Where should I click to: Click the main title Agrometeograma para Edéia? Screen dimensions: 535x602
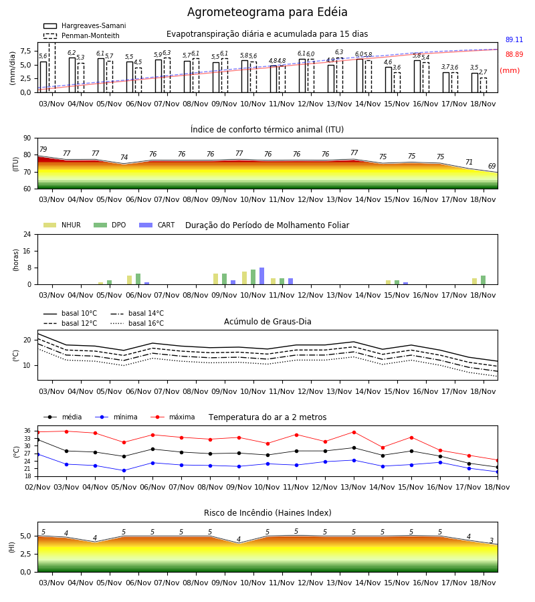pos(267,12)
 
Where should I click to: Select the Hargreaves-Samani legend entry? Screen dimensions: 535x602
pos(84,25)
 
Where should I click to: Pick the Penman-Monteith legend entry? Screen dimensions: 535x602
pos(82,35)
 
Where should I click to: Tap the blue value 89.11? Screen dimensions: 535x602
pos(514,39)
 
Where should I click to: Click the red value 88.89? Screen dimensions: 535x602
pos(514,55)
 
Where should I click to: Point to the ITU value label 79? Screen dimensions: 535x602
pos(43,149)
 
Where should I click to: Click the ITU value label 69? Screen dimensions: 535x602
pos(492,167)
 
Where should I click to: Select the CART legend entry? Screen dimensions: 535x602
pos(157,225)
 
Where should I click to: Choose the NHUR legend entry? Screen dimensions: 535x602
pos(62,225)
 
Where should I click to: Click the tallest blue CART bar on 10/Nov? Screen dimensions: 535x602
pos(261,276)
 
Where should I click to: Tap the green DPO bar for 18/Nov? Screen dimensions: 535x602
pos(484,280)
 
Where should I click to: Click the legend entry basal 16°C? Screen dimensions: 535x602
pos(137,323)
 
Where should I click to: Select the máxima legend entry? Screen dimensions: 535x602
pos(173,417)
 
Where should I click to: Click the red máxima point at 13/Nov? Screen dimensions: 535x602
pos(354,432)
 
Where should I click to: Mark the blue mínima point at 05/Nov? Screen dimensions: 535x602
pos(124,470)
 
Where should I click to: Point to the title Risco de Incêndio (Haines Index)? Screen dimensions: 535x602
pos(267,513)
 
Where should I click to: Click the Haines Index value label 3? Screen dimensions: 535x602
pos(492,540)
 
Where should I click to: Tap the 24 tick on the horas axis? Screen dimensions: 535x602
pos(27,235)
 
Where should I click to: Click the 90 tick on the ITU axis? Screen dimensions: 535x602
pos(27,138)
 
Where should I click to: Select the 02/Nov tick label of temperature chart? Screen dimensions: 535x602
pos(37,487)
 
